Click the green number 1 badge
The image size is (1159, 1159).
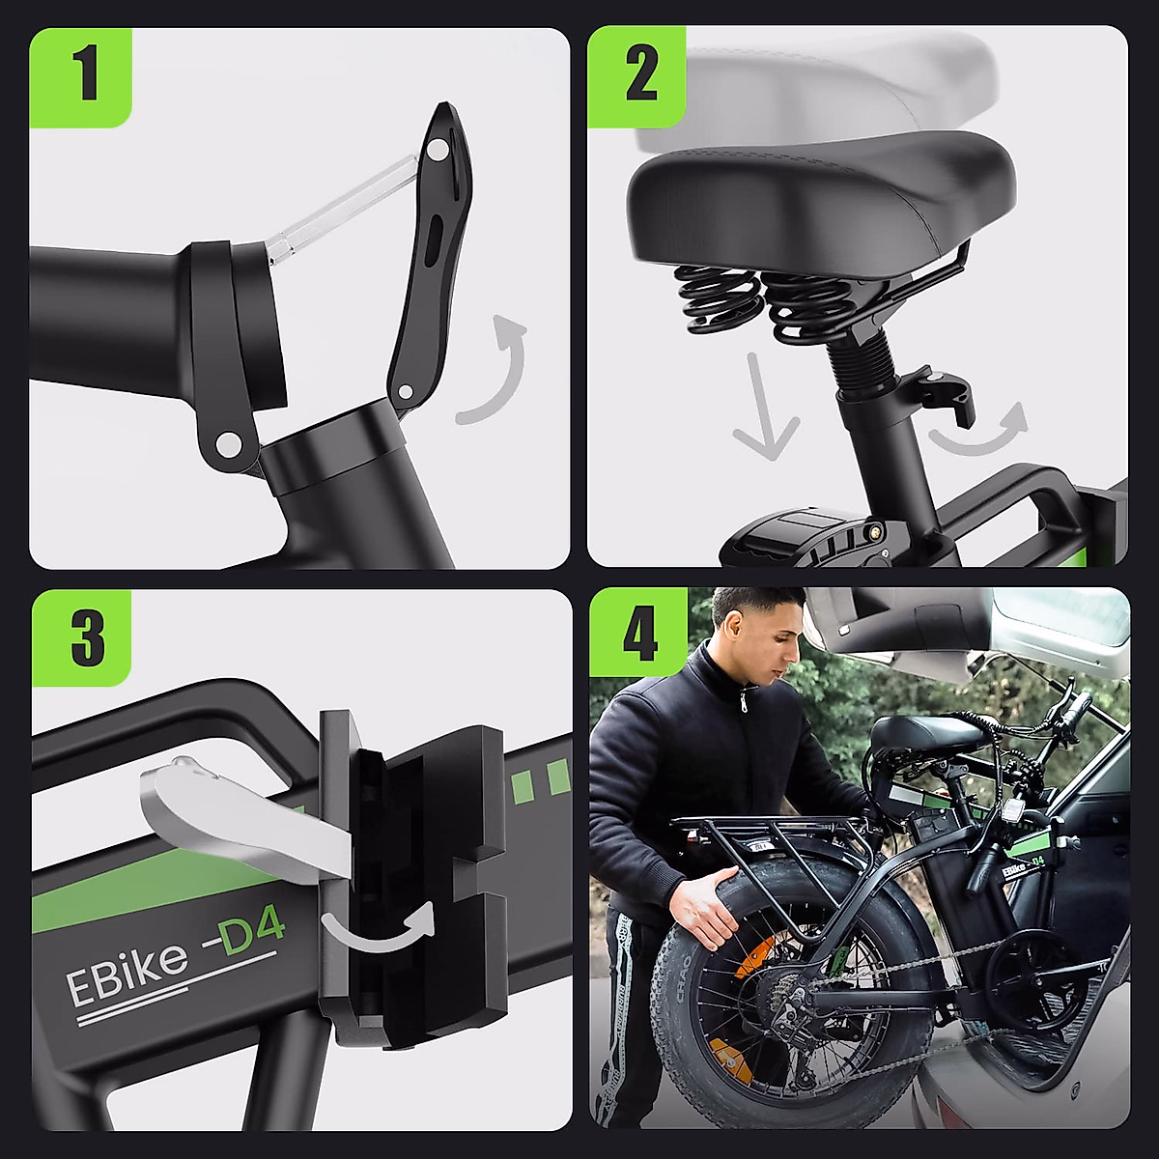(x=80, y=77)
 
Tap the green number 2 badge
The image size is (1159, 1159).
(x=636, y=77)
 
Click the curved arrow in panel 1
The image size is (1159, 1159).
(x=505, y=379)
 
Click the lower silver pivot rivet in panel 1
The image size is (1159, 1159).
(x=226, y=444)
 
